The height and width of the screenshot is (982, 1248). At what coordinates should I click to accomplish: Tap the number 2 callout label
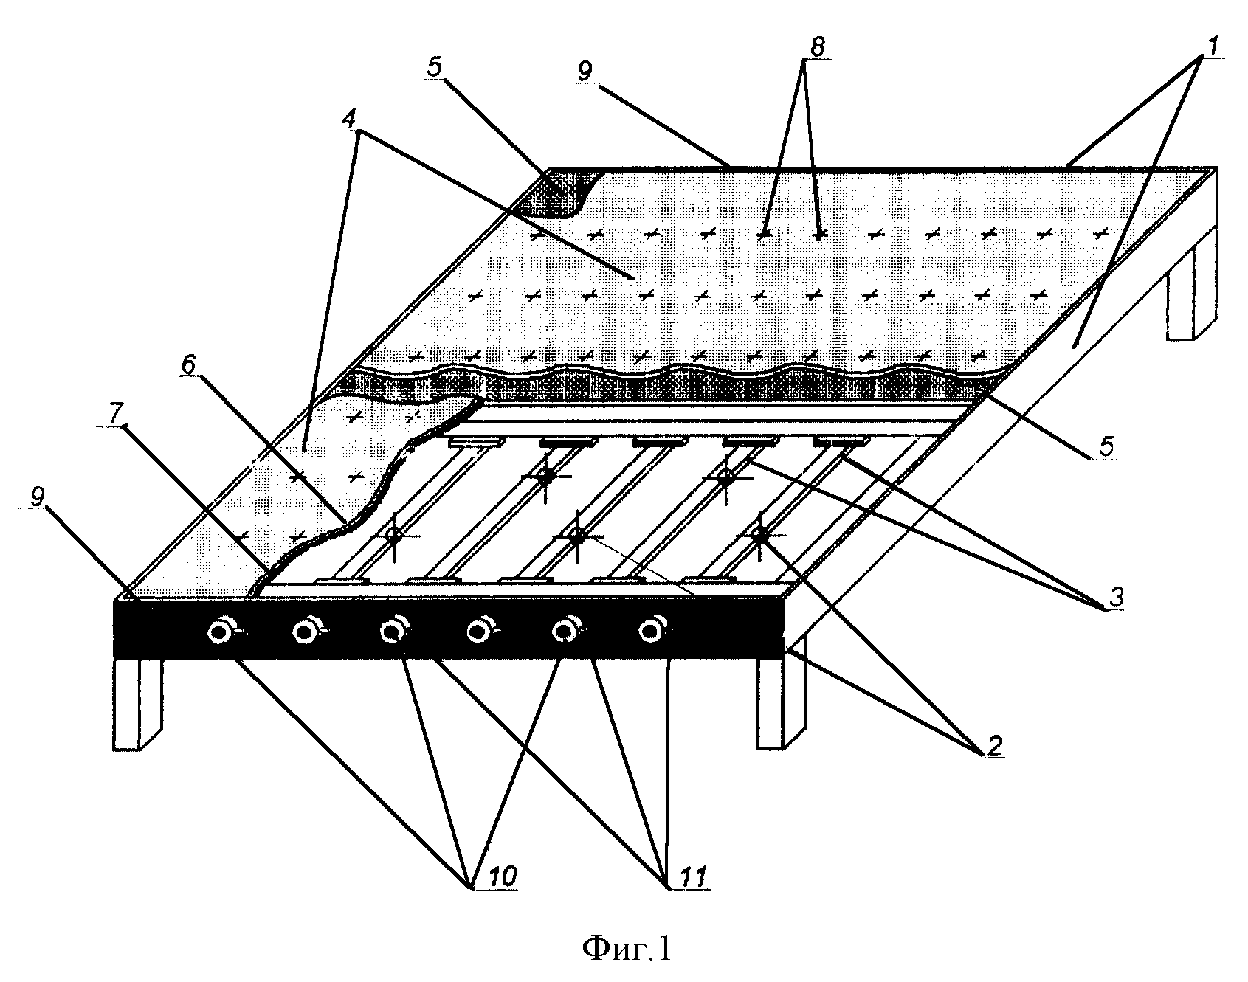pyautogui.click(x=994, y=745)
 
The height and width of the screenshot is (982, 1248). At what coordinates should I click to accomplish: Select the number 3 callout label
pyautogui.click(x=1117, y=598)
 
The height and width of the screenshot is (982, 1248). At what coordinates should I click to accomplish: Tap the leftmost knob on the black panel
pyautogui.click(x=221, y=632)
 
